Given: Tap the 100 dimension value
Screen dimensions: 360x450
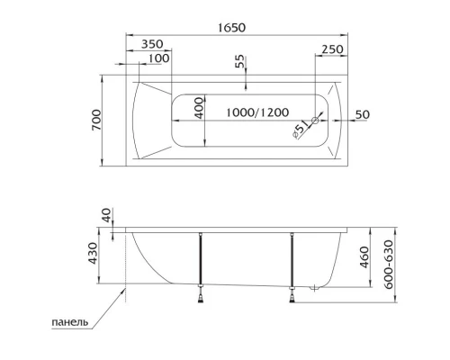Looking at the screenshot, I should coord(159,58).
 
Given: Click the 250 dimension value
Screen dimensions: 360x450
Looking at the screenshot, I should coord(333,49).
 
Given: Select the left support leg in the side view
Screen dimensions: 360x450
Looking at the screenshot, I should coord(201,261).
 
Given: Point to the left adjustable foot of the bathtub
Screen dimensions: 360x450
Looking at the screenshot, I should coord(201,291).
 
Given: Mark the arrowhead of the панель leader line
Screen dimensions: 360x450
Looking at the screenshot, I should coord(123,289).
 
